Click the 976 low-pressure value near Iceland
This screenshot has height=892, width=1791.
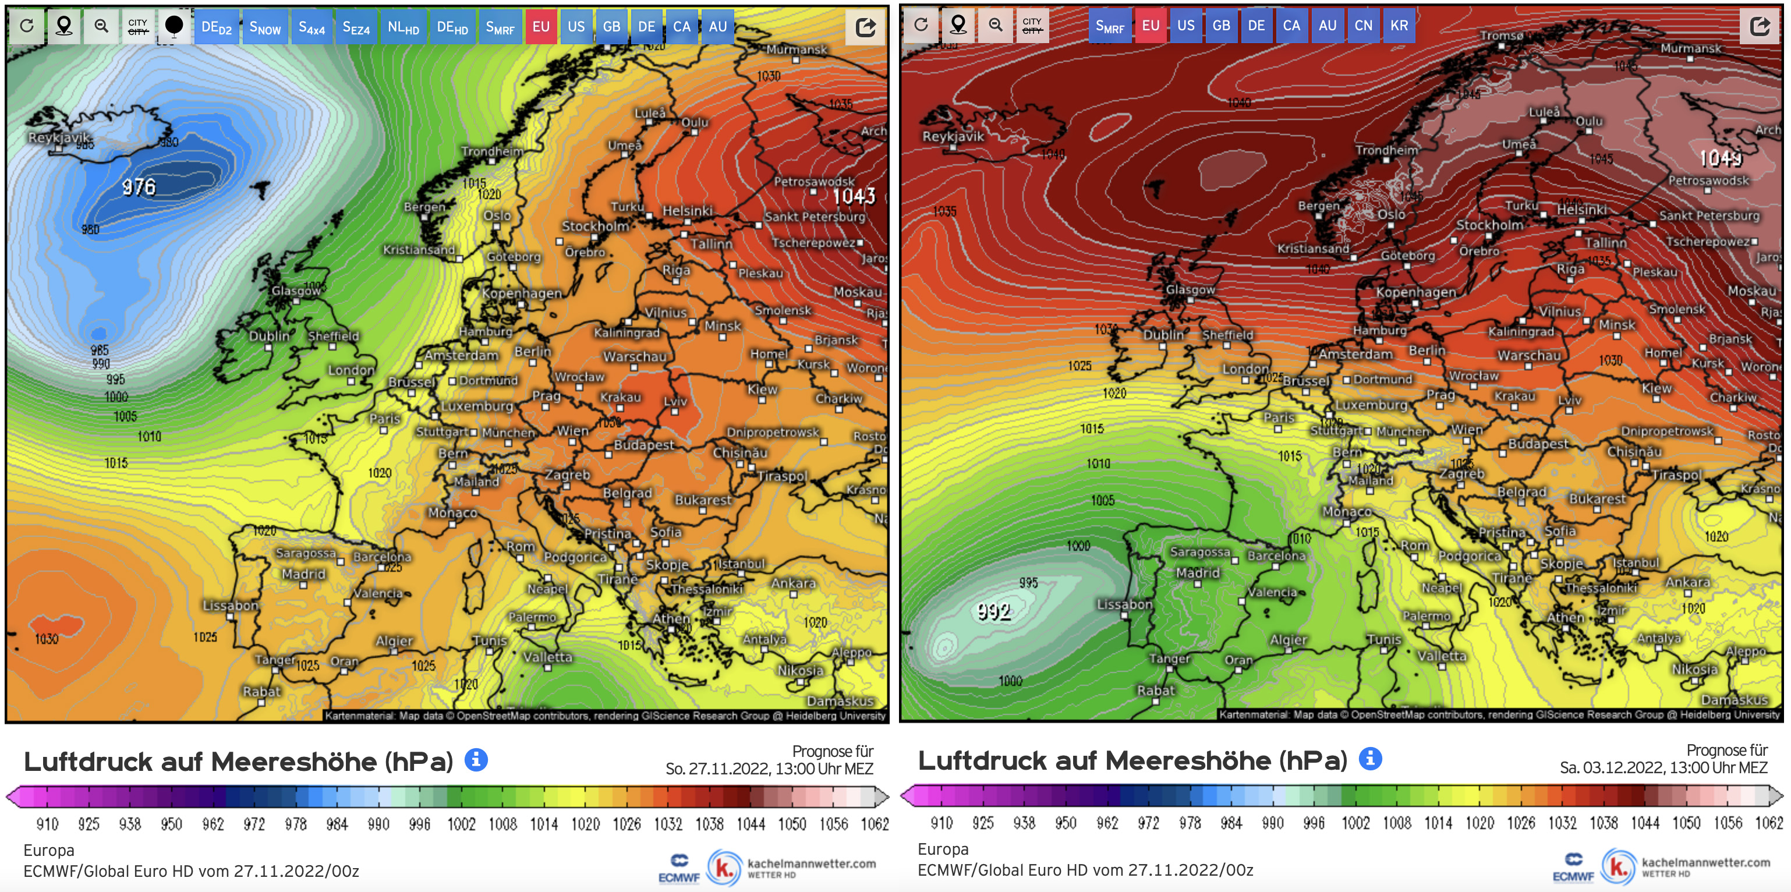pyautogui.click(x=139, y=186)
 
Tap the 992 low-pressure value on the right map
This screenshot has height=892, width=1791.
pyautogui.click(x=993, y=611)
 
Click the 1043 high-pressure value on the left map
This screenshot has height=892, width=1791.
pyautogui.click(x=854, y=196)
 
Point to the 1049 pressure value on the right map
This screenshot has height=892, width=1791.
pyautogui.click(x=1720, y=158)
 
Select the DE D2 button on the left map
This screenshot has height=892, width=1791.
pyautogui.click(x=216, y=27)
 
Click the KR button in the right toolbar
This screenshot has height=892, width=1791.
pyautogui.click(x=1399, y=26)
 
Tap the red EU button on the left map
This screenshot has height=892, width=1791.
pyautogui.click(x=541, y=27)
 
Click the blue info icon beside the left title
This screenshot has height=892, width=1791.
pyautogui.click(x=476, y=759)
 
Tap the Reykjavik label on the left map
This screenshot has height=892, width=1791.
pyautogui.click(x=59, y=137)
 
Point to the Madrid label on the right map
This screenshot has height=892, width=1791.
pyautogui.click(x=1197, y=572)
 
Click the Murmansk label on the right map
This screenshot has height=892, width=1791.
pyautogui.click(x=1691, y=48)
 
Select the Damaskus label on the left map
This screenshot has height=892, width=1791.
pyautogui.click(x=840, y=700)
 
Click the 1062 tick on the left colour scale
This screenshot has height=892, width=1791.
pyautogui.click(x=875, y=824)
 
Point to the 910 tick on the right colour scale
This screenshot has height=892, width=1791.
pyautogui.click(x=941, y=823)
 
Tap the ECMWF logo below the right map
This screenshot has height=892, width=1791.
pyautogui.click(x=1573, y=868)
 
